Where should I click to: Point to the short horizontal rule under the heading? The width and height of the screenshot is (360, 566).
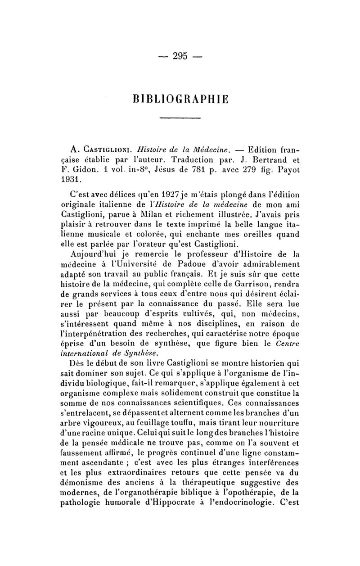(180, 118)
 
